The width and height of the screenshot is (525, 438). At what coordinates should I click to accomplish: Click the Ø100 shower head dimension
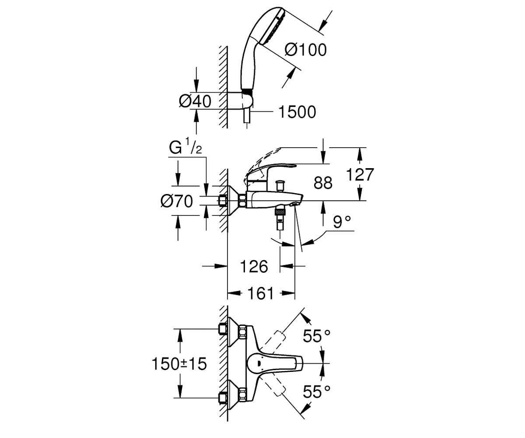[x=305, y=50]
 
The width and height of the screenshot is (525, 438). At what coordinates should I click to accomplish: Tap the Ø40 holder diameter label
[x=195, y=102]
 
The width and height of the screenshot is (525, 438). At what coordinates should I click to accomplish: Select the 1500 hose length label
[x=297, y=112]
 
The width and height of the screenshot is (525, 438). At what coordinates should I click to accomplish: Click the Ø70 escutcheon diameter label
[x=177, y=201]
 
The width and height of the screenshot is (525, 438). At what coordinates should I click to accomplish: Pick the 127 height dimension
[x=360, y=174]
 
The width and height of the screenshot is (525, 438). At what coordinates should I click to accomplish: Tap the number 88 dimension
[x=323, y=183]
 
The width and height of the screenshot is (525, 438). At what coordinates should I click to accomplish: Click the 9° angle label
[x=342, y=222]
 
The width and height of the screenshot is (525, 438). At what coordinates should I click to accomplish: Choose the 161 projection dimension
[x=260, y=293]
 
